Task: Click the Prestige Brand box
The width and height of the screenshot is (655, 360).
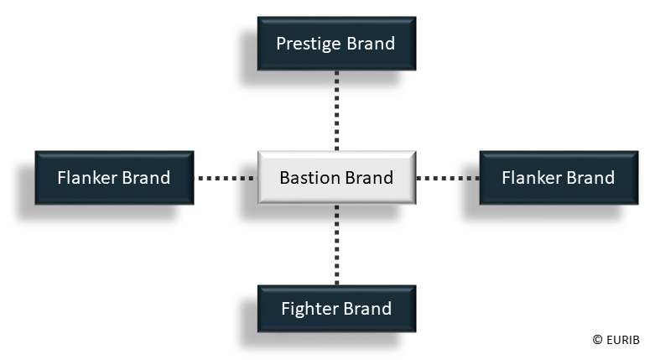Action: [336, 44]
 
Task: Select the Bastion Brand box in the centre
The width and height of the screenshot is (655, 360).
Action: [336, 178]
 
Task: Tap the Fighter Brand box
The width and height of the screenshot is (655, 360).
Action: [336, 309]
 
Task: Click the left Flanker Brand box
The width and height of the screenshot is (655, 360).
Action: [114, 178]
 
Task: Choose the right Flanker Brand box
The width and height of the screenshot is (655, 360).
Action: [558, 178]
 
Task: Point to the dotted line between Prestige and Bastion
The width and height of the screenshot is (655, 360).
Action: [336, 110]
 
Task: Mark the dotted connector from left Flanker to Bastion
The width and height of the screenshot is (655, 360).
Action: [225, 178]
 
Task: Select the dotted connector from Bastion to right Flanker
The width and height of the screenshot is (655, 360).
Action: [447, 178]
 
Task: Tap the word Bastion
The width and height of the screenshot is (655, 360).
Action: [309, 178]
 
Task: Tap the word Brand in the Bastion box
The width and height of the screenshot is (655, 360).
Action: [368, 178]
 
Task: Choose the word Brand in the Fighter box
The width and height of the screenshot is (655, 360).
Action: [367, 309]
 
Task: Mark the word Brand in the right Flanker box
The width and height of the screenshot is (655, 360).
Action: [590, 178]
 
